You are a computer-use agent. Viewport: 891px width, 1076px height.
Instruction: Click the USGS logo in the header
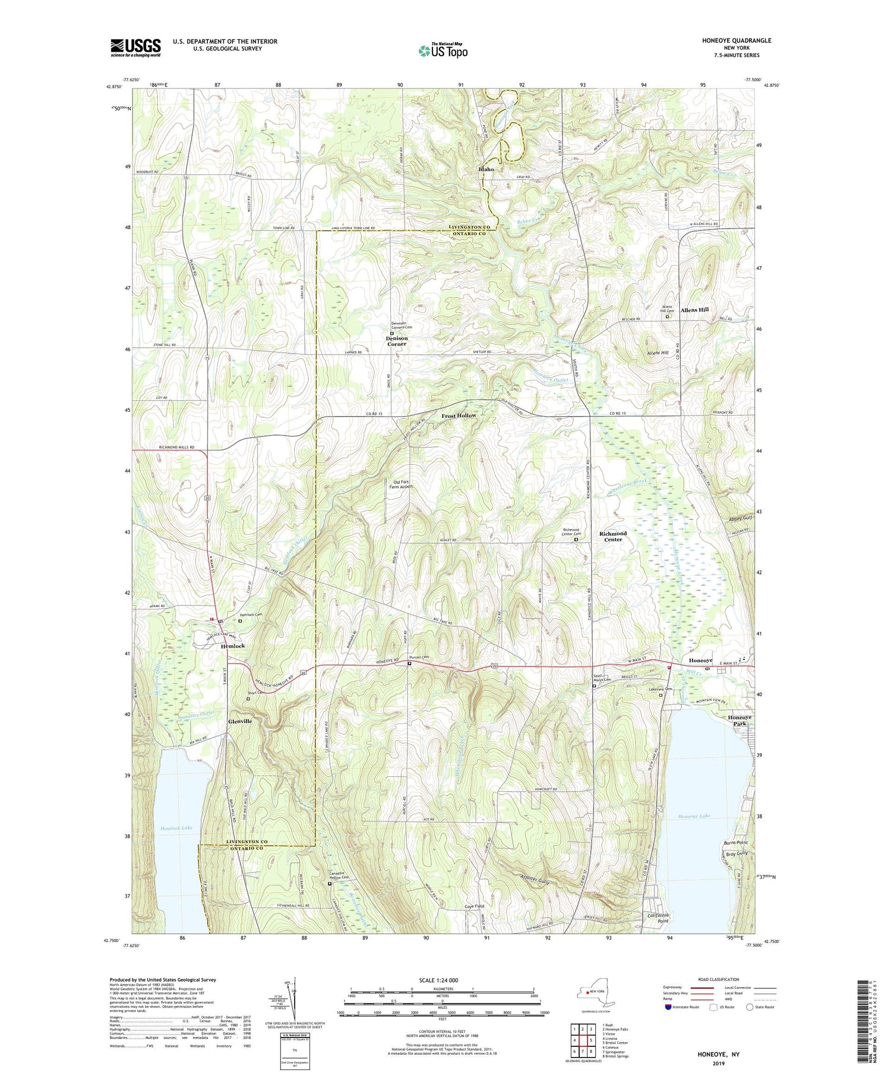point(135,47)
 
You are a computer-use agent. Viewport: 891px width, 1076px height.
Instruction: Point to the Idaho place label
point(486,169)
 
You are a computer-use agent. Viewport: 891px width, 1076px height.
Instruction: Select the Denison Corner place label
point(397,341)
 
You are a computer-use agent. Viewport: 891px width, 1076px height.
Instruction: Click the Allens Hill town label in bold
point(694,310)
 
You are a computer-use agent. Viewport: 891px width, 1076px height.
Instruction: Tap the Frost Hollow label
point(459,416)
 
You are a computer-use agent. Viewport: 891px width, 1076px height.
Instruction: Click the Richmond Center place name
point(613,537)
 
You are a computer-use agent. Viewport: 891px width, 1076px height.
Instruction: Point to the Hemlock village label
point(233,646)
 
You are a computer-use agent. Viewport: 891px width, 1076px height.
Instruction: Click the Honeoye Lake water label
point(694,817)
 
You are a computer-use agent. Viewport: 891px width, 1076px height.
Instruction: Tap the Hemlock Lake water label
point(176,827)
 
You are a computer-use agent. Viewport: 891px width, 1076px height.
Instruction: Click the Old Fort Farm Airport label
point(401,484)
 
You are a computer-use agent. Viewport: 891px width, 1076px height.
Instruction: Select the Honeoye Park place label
point(740,720)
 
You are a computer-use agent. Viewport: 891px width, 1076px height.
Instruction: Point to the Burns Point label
point(735,843)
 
